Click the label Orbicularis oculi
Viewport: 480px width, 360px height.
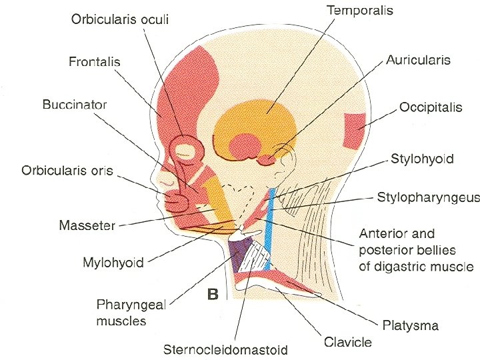click(120, 19)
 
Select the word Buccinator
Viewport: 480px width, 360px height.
click(75, 105)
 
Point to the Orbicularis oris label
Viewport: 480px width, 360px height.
click(67, 170)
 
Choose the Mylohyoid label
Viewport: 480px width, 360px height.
click(113, 263)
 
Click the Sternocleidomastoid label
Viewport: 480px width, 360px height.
click(226, 349)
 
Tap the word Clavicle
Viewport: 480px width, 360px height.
click(347, 342)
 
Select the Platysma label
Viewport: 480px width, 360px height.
click(411, 325)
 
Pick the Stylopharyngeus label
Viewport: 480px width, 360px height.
click(429, 197)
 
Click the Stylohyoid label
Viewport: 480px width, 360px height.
click(422, 159)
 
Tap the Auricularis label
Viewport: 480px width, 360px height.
click(418, 60)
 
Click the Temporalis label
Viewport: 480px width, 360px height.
click(360, 11)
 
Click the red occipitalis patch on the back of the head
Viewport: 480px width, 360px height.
click(353, 131)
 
